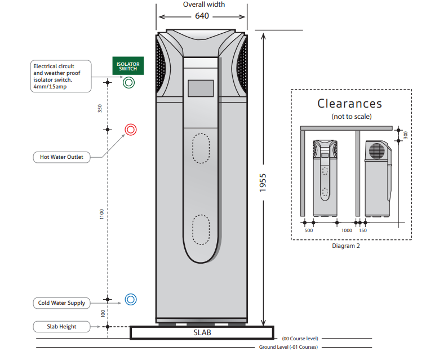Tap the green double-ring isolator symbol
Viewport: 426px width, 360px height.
click(x=128, y=83)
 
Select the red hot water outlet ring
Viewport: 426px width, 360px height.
click(x=131, y=130)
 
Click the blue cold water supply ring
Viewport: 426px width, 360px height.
click(x=131, y=299)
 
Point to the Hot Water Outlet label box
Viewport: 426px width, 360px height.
click(x=61, y=157)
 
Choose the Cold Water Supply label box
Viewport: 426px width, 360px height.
click(x=61, y=303)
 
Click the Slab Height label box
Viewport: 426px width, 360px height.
click(x=62, y=326)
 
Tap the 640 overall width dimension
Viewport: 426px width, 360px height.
click(x=202, y=16)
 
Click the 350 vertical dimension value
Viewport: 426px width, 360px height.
click(x=100, y=109)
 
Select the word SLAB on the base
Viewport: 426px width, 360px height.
click(x=202, y=333)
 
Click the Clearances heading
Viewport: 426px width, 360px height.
click(x=349, y=104)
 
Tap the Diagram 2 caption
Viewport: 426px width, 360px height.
click(x=347, y=246)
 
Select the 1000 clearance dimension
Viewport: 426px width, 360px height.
click(x=347, y=230)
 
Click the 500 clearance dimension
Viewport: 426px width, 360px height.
click(x=308, y=230)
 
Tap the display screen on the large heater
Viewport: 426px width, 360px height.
click(x=201, y=88)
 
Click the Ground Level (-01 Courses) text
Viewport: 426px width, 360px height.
click(x=288, y=348)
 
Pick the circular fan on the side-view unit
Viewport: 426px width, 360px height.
click(x=376, y=150)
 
